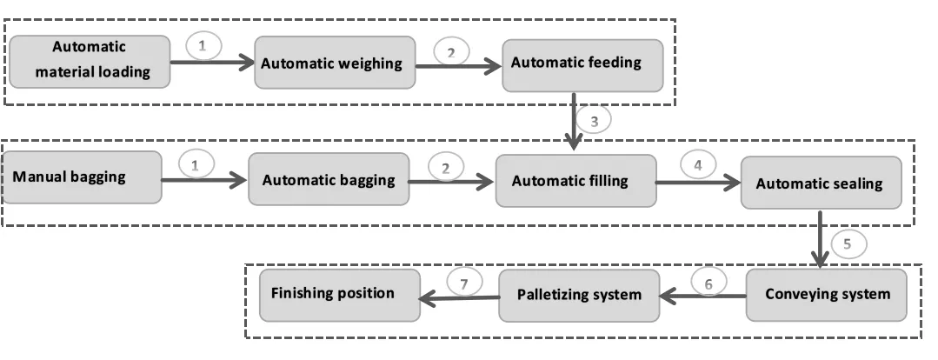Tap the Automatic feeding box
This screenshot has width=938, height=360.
tap(575, 63)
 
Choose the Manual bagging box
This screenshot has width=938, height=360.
tap(82, 177)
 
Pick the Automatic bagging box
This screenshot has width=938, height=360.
tap(329, 180)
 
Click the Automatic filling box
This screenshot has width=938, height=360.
tap(575, 180)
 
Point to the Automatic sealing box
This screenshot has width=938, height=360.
tap(819, 183)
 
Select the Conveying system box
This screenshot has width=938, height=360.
tap(827, 293)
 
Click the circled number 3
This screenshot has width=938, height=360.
tap(594, 120)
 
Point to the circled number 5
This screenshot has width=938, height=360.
tap(848, 243)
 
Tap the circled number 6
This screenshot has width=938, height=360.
tap(708, 282)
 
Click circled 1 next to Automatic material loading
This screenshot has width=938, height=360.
tap(203, 46)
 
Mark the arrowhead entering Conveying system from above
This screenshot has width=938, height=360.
tap(819, 261)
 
